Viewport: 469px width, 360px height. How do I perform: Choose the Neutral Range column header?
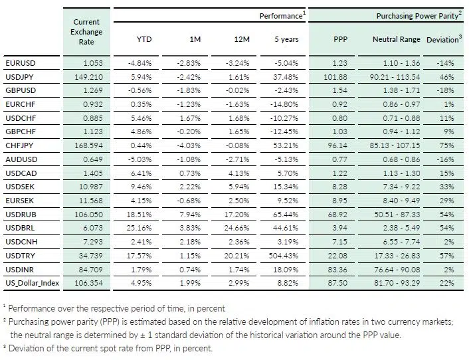pos(397,39)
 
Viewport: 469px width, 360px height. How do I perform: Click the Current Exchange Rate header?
pos(86,31)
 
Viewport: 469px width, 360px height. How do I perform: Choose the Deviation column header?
pos(443,39)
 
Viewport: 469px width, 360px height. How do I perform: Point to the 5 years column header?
pos(286,39)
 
